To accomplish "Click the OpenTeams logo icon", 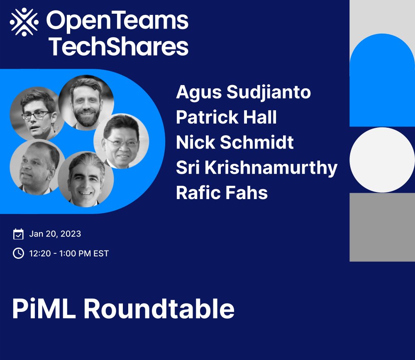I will coord(24,22).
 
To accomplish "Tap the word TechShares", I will coord(119,46).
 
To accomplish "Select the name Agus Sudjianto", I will coord(243,92).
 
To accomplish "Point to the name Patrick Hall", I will coord(226,117).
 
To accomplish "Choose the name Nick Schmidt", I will coord(235,143).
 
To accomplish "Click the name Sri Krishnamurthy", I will coord(256,168).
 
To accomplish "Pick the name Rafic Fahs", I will coord(222,193).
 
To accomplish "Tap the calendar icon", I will coord(18,234).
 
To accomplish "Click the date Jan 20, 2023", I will coord(55,234).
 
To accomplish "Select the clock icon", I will coord(18,253).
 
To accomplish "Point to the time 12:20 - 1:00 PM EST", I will coord(69,253).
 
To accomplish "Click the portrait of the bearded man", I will coord(86,102).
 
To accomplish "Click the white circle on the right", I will coord(382,159).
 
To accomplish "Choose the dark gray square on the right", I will coord(382,227).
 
